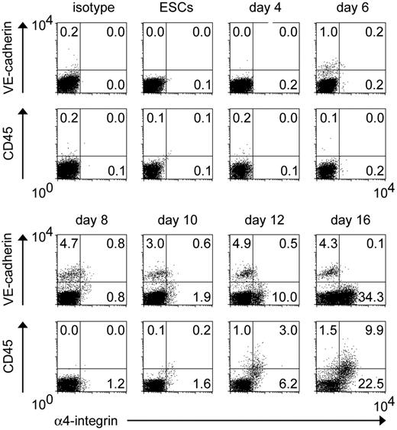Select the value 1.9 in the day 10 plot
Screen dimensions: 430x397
click(x=206, y=295)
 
